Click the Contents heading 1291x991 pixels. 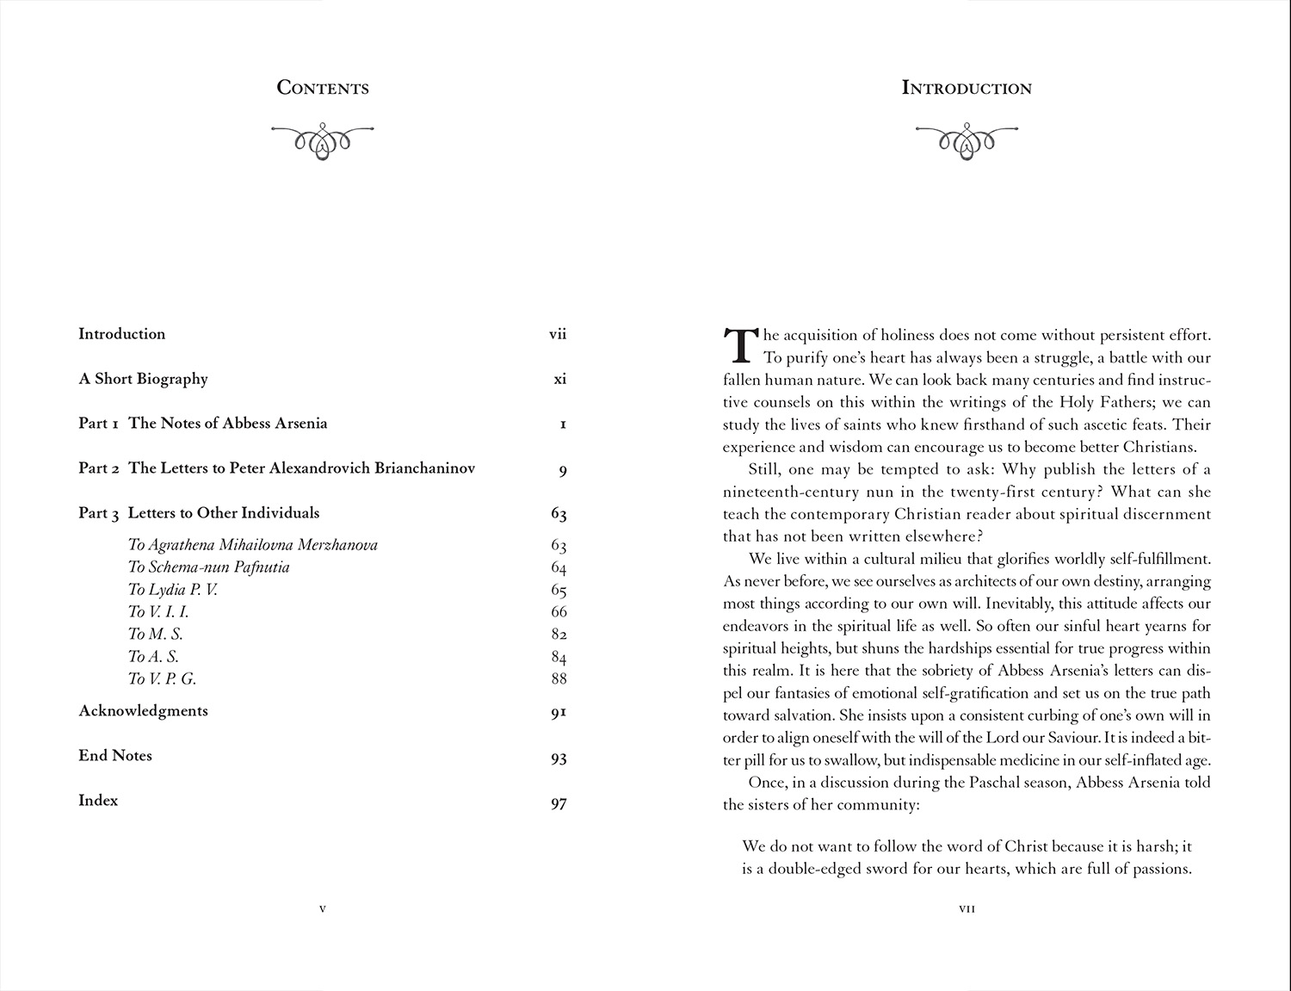pos(323,88)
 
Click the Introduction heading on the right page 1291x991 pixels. pos(967,88)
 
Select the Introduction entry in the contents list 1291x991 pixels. pos(121,334)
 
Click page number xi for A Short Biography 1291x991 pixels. pos(560,379)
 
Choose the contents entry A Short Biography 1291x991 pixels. pos(143,379)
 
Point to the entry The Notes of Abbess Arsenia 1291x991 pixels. pos(227,424)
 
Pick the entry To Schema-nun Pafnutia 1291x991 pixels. pos(208,567)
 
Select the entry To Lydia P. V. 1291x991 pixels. pos(172,590)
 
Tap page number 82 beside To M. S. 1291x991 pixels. pos(559,635)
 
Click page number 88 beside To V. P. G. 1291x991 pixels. pos(559,679)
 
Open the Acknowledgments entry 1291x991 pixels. pos(143,711)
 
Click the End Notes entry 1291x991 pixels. pos(115,756)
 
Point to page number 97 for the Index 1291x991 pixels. pos(559,804)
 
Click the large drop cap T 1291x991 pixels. pos(739,344)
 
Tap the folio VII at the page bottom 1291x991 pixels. pos(967,908)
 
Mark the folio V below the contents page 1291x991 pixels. pos(323,908)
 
